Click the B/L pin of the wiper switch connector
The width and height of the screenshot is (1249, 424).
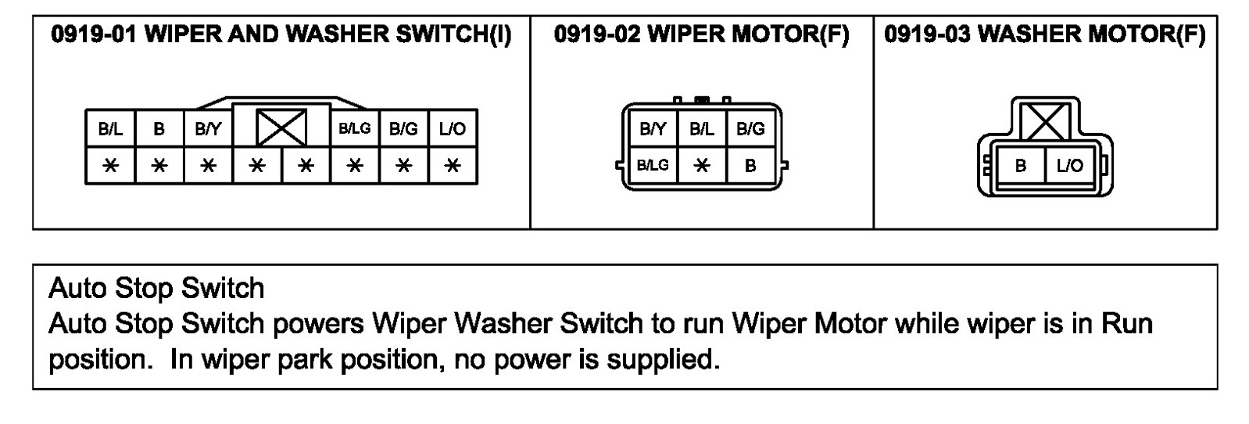[x=110, y=129]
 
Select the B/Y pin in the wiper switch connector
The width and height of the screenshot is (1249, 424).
[x=207, y=129]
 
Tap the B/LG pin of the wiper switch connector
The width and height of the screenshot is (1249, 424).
[x=355, y=129]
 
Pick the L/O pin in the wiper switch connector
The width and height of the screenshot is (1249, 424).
[x=453, y=129]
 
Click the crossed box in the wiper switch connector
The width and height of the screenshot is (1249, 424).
[x=281, y=128]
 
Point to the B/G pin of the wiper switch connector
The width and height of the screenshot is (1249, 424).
[x=403, y=129]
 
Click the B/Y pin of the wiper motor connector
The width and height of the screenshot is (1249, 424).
[x=653, y=129]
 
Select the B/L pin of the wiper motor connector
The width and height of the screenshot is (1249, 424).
[x=701, y=129]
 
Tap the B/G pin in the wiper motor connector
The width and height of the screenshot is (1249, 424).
[x=750, y=129]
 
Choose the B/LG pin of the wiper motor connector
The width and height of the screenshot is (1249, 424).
[x=653, y=165]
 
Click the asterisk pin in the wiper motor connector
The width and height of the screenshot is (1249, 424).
[x=701, y=165]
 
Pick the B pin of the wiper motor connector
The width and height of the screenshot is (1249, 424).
[x=750, y=165]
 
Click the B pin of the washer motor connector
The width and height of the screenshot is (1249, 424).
[x=1021, y=166]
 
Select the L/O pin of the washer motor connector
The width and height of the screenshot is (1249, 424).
[x=1069, y=166]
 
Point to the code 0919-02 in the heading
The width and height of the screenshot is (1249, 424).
[x=596, y=34]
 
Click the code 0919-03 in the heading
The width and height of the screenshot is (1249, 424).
[x=927, y=34]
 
